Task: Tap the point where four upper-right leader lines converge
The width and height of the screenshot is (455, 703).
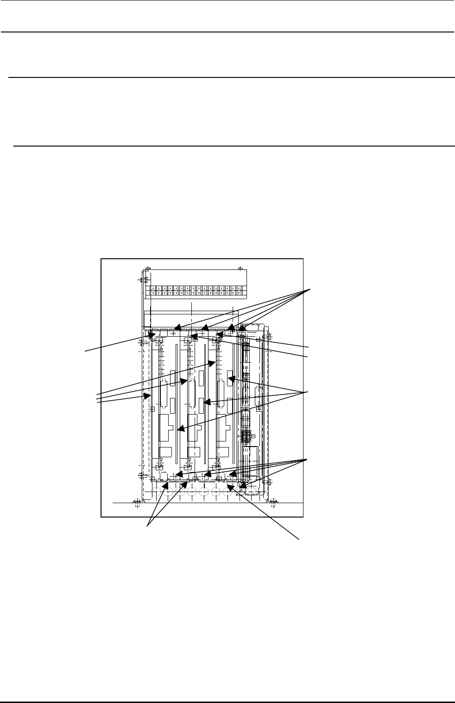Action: pyautogui.click(x=310, y=289)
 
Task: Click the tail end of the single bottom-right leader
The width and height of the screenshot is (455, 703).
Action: pyautogui.click(x=299, y=539)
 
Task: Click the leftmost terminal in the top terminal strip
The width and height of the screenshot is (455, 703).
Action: pyautogui.click(x=148, y=291)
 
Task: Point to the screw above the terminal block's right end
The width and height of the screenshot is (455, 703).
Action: pyautogui.click(x=240, y=268)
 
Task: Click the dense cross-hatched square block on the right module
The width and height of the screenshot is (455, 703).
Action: pyautogui.click(x=246, y=436)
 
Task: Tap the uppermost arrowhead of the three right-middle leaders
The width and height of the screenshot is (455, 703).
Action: pyautogui.click(x=229, y=379)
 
